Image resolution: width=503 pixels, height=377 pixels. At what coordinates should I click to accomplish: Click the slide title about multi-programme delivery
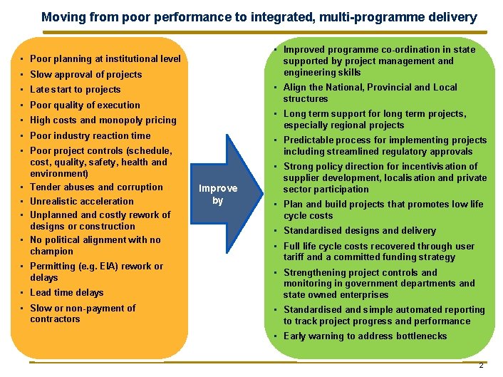tap(259, 16)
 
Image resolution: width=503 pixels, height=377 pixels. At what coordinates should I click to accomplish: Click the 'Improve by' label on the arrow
tap(218, 195)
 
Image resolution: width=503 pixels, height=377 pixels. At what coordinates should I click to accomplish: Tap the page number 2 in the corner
tap(481, 365)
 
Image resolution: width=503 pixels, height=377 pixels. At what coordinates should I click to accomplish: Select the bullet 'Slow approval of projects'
tap(85, 74)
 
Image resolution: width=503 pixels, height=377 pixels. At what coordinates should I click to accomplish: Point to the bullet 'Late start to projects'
tap(75, 90)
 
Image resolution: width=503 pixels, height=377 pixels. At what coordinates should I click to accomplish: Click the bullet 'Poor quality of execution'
tap(85, 105)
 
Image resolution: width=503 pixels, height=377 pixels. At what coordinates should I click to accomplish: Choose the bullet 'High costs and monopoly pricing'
tap(103, 120)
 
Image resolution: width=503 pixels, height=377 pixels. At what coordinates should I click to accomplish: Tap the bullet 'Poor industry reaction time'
tap(90, 135)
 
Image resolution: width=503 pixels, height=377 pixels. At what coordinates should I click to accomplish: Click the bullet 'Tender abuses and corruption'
tap(96, 187)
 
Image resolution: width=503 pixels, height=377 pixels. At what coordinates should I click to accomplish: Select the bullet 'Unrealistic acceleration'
tap(81, 201)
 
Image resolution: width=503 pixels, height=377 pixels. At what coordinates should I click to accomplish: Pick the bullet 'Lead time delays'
tap(66, 293)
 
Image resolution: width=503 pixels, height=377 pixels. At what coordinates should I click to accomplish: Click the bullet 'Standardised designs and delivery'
tap(359, 231)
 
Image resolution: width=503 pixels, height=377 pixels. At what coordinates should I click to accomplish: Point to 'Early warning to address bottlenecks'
tap(365, 336)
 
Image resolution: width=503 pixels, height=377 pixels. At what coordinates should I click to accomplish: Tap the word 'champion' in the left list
tap(51, 252)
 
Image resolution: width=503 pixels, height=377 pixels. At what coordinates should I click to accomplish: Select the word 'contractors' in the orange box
tap(55, 319)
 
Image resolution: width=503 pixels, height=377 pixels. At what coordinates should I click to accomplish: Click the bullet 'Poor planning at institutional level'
tap(105, 59)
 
